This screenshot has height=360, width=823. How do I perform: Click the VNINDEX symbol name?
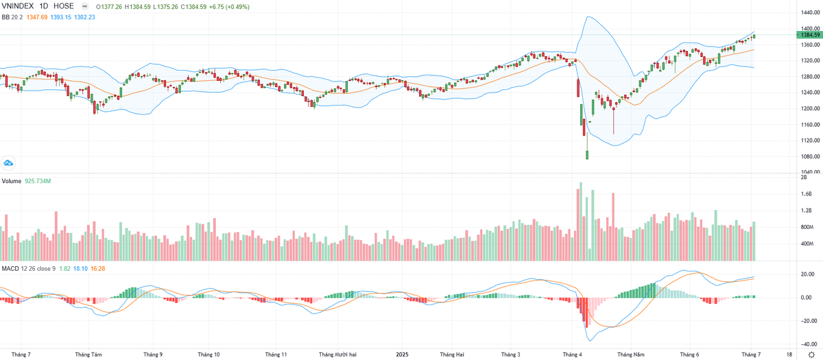coord(19,6)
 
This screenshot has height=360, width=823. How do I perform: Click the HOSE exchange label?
coord(64,6)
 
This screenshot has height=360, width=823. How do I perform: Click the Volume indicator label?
coord(11,181)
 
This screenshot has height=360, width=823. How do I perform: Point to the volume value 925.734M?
coord(38,181)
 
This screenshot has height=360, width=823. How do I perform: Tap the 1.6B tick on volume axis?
coord(806,194)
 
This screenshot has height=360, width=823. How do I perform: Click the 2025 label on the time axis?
coord(403,355)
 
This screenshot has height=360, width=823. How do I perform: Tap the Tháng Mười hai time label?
coord(337,355)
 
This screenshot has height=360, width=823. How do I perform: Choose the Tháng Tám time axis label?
coord(88,355)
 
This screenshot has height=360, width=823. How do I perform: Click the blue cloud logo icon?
coord(9,163)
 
